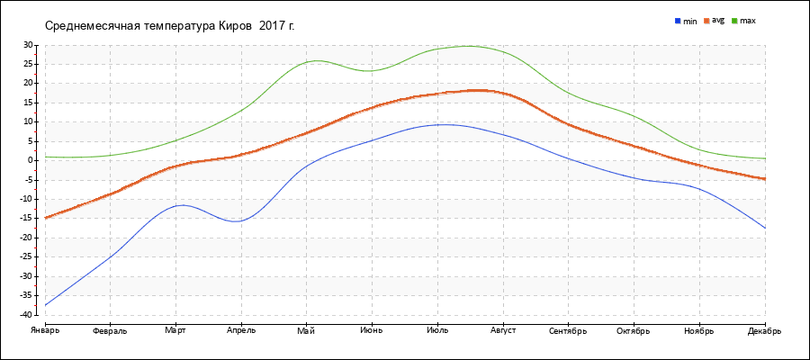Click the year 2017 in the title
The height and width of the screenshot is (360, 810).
pyautogui.click(x=271, y=25)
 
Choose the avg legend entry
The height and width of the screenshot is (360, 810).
pyautogui.click(x=717, y=20)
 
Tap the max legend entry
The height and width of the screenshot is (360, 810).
pyautogui.click(x=747, y=20)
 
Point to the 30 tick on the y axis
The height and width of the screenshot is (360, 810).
pyautogui.click(x=27, y=45)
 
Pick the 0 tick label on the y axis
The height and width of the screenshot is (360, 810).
pyautogui.click(x=30, y=160)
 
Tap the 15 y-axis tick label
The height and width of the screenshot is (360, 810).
pyautogui.click(x=27, y=103)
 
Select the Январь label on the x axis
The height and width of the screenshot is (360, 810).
pyautogui.click(x=45, y=330)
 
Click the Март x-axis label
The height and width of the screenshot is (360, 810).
pyautogui.click(x=175, y=330)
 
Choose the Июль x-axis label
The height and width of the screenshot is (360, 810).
pyautogui.click(x=437, y=330)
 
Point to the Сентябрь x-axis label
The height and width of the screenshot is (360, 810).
pyautogui.click(x=569, y=330)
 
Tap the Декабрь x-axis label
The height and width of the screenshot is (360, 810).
pyautogui.click(x=764, y=330)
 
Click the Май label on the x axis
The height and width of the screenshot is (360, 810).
pyautogui.click(x=307, y=330)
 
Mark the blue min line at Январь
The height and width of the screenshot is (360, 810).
pyautogui.click(x=45, y=305)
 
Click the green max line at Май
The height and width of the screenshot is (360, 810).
pyautogui.click(x=307, y=62)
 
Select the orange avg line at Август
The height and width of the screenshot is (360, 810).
pyautogui.click(x=503, y=93)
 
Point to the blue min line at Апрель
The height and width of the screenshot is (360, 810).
pyautogui.click(x=241, y=220)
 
